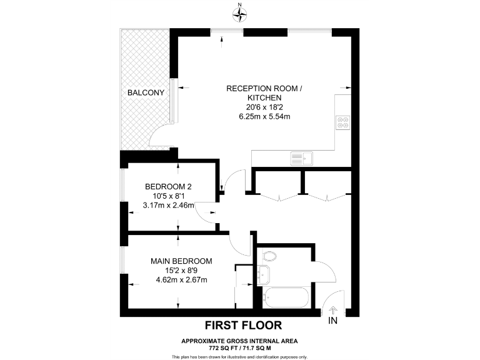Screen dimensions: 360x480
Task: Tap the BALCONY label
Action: [x=146, y=92]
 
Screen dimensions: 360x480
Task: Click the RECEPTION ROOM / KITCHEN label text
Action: [x=264, y=94]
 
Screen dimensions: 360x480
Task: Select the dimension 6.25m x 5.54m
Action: [x=264, y=116]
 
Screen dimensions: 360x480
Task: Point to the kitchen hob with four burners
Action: [x=343, y=121]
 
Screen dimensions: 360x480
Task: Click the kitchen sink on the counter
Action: [x=301, y=159]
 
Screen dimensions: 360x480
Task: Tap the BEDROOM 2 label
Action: [x=168, y=186]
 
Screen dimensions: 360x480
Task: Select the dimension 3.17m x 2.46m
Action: [x=168, y=205]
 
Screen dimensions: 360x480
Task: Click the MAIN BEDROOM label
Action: [x=181, y=261]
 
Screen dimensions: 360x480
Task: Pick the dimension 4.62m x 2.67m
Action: [x=181, y=279]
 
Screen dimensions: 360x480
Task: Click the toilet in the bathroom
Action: [x=269, y=255]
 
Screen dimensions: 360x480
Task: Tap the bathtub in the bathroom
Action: [x=285, y=297]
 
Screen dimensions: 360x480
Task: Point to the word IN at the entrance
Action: [x=332, y=321]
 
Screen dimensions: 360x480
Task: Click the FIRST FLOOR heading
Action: [x=244, y=325]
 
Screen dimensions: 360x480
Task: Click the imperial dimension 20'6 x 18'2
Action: [x=264, y=107]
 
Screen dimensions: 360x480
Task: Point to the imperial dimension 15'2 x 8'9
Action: [x=181, y=270]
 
